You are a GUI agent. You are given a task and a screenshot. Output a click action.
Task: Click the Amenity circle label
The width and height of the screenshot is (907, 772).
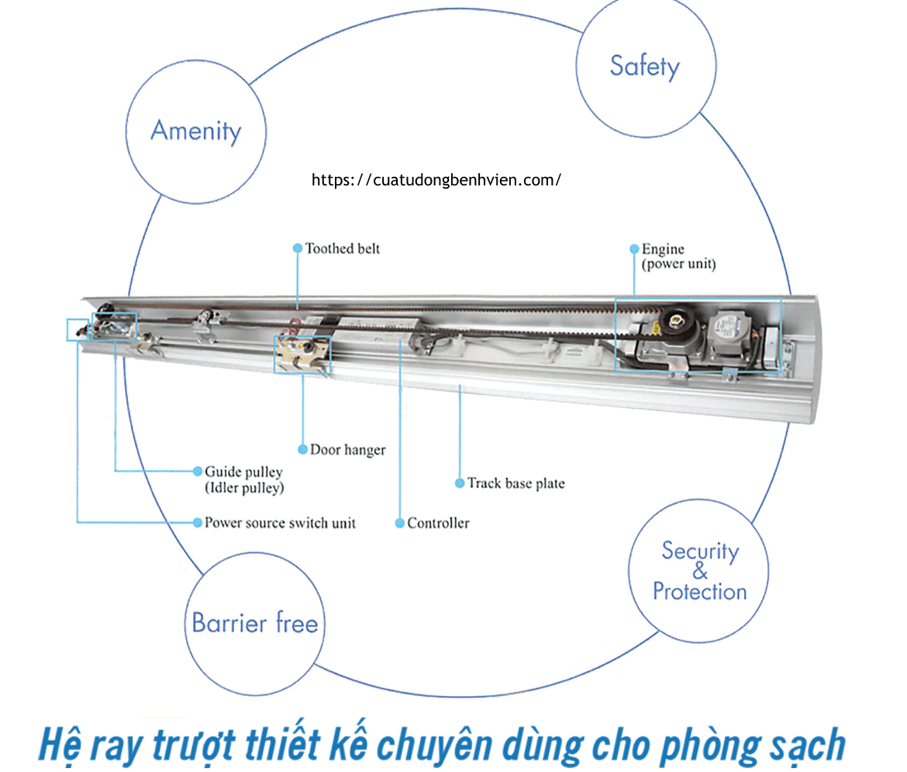click(x=195, y=130)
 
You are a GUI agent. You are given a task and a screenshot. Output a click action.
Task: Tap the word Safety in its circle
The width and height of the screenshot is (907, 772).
click(x=644, y=66)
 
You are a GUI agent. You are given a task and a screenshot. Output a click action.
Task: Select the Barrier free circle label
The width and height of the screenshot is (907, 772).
click(x=255, y=623)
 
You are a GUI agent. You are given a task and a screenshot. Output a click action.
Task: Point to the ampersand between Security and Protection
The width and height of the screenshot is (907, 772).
click(x=700, y=573)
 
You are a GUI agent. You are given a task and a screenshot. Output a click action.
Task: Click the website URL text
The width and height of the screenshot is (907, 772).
click(x=436, y=180)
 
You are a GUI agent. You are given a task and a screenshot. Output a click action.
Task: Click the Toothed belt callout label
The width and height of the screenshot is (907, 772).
click(x=343, y=248)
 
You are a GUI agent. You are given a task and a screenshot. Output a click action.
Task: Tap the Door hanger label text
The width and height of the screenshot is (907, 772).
click(x=347, y=449)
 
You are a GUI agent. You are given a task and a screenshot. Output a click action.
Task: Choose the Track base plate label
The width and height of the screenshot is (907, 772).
click(x=516, y=483)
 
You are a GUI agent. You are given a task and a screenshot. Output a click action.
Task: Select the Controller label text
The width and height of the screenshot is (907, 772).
click(x=438, y=523)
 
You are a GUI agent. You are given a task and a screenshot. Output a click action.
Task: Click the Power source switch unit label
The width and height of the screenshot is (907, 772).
click(x=280, y=523)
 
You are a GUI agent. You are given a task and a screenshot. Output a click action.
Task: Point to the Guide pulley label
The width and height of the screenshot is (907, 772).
click(x=243, y=472)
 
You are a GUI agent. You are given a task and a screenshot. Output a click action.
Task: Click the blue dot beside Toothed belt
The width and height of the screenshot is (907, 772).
click(x=297, y=248)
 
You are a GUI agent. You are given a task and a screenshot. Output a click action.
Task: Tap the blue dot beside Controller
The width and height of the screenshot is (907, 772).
click(x=400, y=523)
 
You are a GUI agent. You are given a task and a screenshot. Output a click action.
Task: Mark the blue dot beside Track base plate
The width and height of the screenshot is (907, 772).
click(x=460, y=483)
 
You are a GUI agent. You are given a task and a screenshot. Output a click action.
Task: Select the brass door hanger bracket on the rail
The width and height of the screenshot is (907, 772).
click(x=301, y=355)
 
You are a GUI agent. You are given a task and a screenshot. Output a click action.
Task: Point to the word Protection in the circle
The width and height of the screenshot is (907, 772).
click(x=700, y=592)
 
